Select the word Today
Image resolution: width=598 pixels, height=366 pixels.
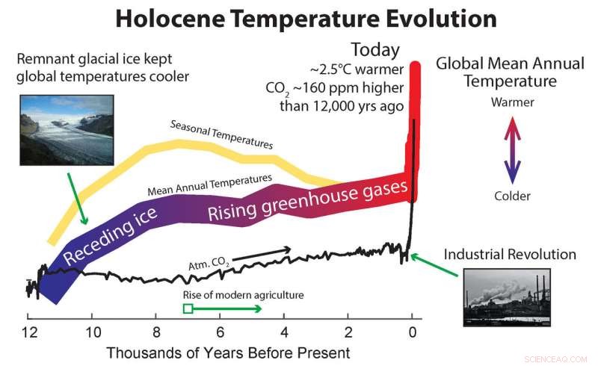pyautogui.click(x=375, y=51)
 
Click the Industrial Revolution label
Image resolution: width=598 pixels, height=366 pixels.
pyautogui.click(x=510, y=254)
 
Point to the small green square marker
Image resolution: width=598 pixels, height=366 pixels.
pyautogui.click(x=188, y=308)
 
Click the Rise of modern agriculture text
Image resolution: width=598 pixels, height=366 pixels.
pyautogui.click(x=244, y=294)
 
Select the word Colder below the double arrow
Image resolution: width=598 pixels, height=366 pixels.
pyautogui.click(x=512, y=196)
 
